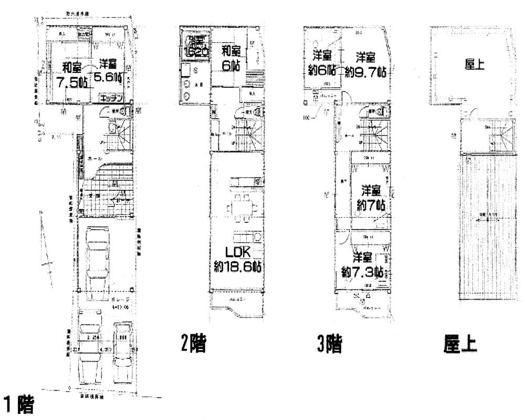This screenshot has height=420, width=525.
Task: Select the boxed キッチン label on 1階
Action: pos(111,98)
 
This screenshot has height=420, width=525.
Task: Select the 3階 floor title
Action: pos(329,345)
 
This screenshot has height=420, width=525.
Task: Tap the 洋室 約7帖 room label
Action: pos(371,197)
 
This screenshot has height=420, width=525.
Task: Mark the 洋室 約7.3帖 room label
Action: pos(362,265)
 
